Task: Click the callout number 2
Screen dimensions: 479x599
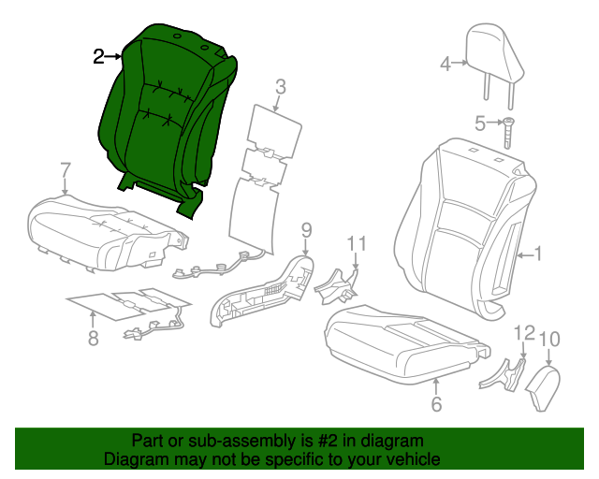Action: (98, 57)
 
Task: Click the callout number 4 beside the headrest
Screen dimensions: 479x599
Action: (446, 65)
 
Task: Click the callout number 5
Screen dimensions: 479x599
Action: (480, 123)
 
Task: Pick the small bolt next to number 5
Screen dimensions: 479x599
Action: (508, 131)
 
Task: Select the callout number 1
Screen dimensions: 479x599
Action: (537, 253)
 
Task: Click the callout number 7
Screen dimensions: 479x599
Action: (65, 169)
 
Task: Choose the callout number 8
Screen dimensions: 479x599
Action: (93, 339)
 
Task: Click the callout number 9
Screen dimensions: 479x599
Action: (305, 229)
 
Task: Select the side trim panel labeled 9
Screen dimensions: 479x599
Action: (267, 290)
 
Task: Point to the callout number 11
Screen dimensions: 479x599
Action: (356, 244)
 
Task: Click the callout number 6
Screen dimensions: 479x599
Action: (435, 404)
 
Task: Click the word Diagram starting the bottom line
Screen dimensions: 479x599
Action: (133, 460)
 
